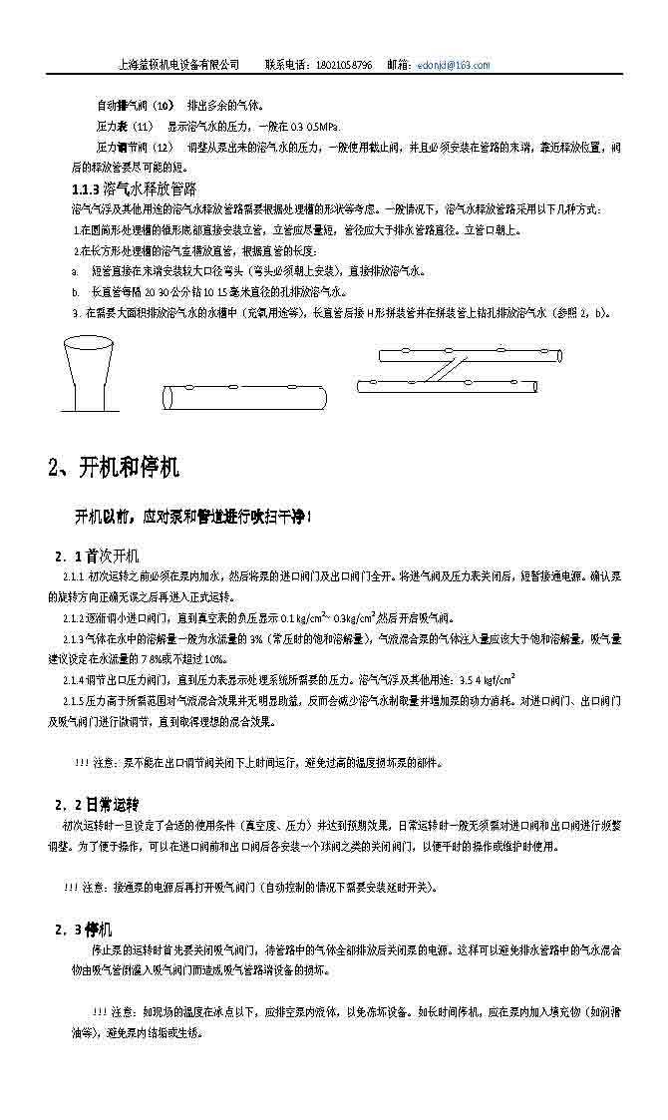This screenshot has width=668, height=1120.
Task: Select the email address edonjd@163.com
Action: [x=455, y=65]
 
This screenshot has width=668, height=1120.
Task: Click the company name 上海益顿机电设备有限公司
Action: [x=178, y=65]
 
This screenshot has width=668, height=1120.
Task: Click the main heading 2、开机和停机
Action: [x=114, y=468]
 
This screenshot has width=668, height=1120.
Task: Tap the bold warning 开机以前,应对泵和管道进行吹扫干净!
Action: [x=193, y=516]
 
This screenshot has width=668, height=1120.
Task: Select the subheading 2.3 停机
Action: [x=84, y=929]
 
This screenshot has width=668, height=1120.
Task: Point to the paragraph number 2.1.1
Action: [x=74, y=577]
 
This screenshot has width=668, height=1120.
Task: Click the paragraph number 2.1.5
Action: [x=74, y=701]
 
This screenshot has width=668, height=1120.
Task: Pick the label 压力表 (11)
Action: [x=125, y=127]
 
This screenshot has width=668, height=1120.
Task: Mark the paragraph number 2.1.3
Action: [x=74, y=638]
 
